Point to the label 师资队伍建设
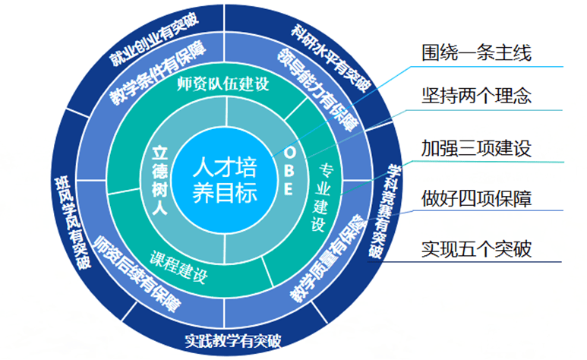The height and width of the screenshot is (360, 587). click(222, 84)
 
